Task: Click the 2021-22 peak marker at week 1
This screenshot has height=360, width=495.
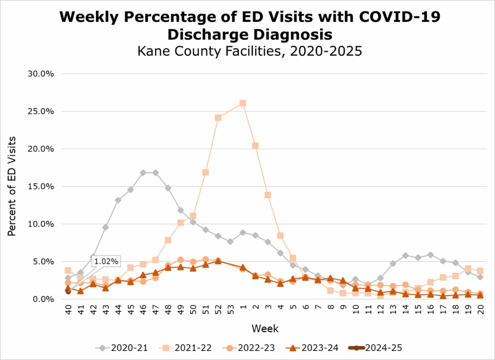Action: tap(243, 103)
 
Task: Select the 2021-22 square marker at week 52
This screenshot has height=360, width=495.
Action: tap(218, 118)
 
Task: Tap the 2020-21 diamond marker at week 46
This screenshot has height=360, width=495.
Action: tap(143, 173)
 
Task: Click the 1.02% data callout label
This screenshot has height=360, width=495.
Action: tap(106, 261)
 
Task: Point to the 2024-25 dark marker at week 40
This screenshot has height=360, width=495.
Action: tap(68, 291)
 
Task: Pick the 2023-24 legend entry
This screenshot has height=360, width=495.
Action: tap(315, 348)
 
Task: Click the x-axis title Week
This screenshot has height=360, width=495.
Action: tap(265, 329)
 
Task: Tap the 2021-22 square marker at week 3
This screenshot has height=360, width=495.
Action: tap(267, 195)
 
